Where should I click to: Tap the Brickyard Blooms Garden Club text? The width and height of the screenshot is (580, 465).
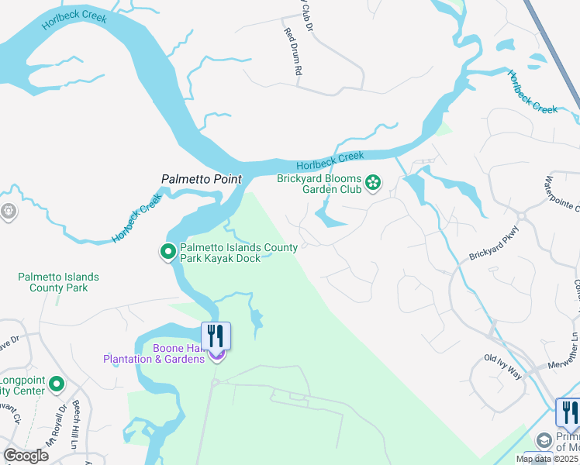pos(319,184)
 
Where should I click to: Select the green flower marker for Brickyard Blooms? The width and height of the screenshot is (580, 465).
pos(374,183)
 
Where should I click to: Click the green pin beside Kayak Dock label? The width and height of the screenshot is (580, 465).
pos(167,252)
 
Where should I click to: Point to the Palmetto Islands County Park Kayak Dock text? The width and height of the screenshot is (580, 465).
pos(238,253)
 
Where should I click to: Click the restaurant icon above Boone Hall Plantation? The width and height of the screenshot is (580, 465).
pos(216,335)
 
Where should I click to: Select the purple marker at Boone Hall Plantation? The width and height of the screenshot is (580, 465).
pos(217,355)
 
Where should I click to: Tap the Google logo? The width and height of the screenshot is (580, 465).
pos(26,456)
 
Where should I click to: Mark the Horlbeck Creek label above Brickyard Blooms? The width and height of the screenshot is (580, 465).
pos(330,161)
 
